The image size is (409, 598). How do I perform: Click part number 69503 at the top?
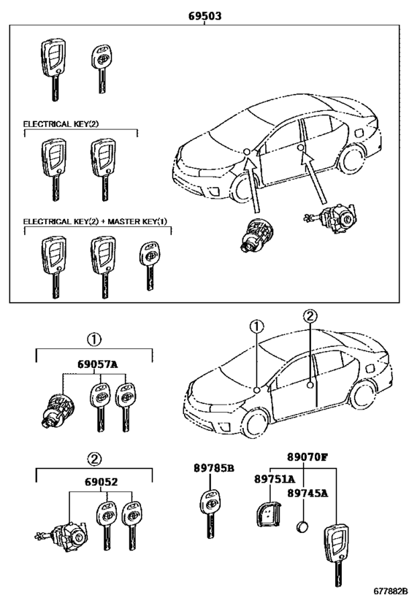pyautogui.click(x=204, y=16)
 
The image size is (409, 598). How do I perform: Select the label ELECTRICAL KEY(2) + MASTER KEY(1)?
pyautogui.click(x=95, y=221)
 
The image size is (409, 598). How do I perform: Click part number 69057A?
pyautogui.click(x=98, y=364)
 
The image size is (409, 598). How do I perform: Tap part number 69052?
pyautogui.click(x=101, y=482)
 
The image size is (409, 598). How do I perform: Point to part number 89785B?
pyautogui.click(x=214, y=467)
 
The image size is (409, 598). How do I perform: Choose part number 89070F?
pyautogui.click(x=307, y=456)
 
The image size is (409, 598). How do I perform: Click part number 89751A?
pyautogui.click(x=275, y=479)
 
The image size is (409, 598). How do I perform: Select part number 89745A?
pyautogui.click(x=307, y=493)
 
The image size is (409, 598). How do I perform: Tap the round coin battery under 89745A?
pyautogui.click(x=302, y=526)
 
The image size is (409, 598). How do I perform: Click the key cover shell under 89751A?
pyautogui.click(x=268, y=515)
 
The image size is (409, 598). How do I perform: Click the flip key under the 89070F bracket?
pyautogui.click(x=337, y=555)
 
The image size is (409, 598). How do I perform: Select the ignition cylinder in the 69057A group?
pyautogui.click(x=57, y=410)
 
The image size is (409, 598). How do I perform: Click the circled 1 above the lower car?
pyautogui.click(x=256, y=326)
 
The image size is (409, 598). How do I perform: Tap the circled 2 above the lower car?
pyautogui.click(x=310, y=315)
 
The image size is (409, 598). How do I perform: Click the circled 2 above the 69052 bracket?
pyautogui.click(x=94, y=459)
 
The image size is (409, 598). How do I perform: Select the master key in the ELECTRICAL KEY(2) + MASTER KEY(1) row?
pyautogui.click(x=149, y=266)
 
